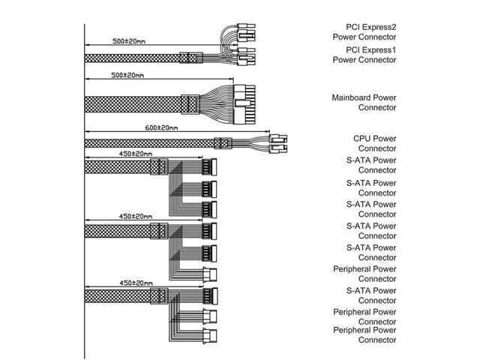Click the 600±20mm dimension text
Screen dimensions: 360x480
click(161, 128)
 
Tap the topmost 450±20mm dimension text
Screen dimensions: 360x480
click(136, 154)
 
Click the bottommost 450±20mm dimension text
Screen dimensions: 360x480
click(136, 283)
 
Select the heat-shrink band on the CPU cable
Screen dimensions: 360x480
click(220, 142)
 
